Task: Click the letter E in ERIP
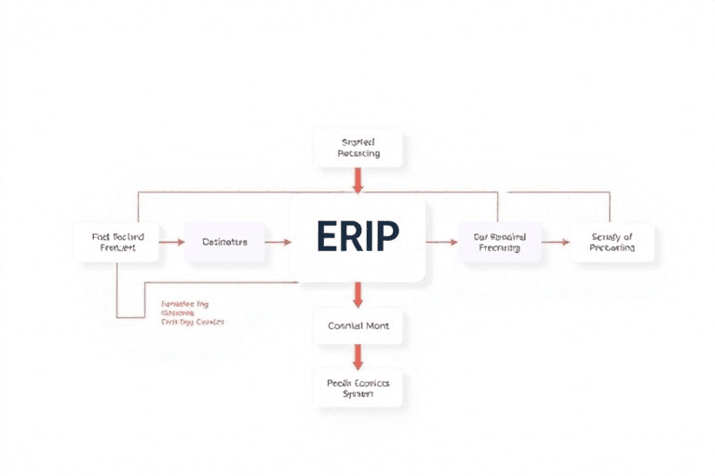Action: point(328,238)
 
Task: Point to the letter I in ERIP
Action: point(368,238)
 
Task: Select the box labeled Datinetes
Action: point(224,242)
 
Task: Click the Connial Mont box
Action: point(357,326)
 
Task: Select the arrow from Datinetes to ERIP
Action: point(277,242)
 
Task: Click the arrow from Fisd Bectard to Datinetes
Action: point(171,242)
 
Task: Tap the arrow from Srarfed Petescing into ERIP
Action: point(357,181)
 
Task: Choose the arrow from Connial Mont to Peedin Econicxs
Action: point(357,357)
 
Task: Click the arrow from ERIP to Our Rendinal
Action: point(443,242)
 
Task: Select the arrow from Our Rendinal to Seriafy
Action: point(555,242)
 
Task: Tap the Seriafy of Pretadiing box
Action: point(613,242)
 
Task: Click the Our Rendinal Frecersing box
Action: point(499,242)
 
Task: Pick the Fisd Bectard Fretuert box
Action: point(117,242)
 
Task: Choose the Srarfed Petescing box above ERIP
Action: point(357,147)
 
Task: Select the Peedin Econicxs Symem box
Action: point(357,388)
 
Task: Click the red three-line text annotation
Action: point(192,312)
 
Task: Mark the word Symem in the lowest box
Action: point(357,394)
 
